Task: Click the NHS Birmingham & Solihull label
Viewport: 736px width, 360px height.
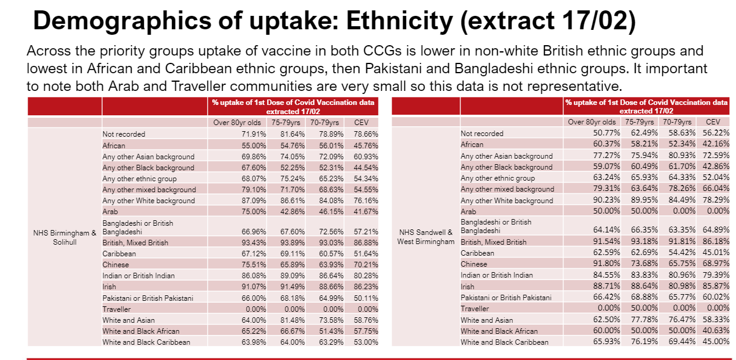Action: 65,238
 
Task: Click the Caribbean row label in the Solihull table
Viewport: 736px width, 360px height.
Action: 119,253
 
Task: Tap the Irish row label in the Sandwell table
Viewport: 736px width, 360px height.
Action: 468,286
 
